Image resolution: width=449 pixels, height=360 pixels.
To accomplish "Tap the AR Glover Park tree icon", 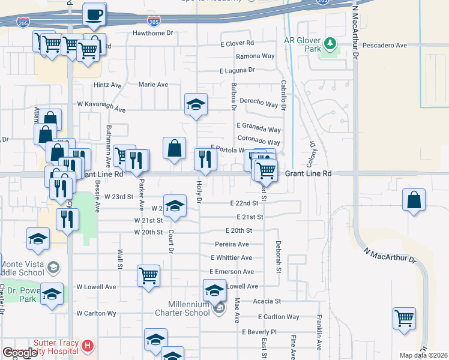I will coord(329,44).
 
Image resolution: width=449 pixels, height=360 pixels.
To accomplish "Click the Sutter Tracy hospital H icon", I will coord(88,346).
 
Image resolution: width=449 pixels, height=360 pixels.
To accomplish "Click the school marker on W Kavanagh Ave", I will coord(196,105).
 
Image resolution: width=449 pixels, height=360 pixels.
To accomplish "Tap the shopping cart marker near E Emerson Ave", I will coord(148,276).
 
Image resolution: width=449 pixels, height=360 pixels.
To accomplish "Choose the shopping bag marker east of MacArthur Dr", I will coord(414,200).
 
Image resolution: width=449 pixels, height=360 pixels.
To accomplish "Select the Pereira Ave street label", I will coord(232,244).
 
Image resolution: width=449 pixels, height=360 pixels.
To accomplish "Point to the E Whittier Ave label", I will coord(231,257).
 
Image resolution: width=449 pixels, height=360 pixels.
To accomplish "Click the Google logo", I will coord(20,353).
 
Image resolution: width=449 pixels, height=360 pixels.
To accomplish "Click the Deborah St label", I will coord(279,258).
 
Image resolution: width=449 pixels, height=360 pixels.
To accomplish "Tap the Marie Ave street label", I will coord(153,85).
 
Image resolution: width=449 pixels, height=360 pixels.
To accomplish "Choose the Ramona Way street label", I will coord(255,56).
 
